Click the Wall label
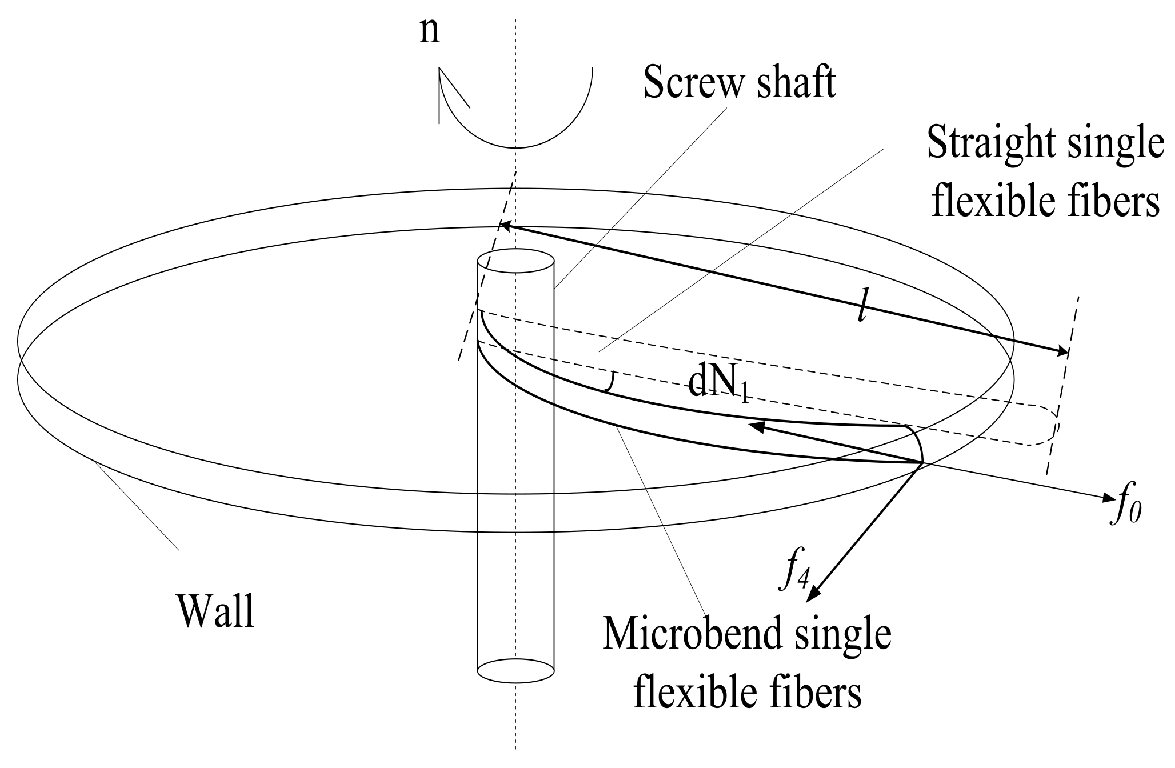[x=215, y=611]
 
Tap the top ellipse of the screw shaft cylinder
[x=515, y=262]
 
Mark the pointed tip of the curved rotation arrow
[x=440, y=71]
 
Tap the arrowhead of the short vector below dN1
[x=756, y=425]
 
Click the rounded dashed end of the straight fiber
[x=1052, y=426]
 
